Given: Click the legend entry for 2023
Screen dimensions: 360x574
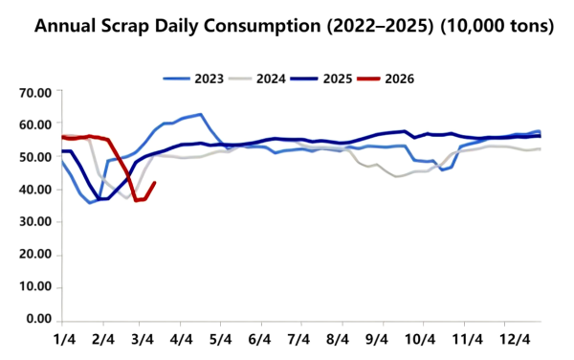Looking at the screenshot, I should click(x=202, y=78).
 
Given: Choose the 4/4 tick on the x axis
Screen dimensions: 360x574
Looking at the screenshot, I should click(x=181, y=339).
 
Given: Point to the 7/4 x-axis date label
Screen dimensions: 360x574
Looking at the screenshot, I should click(x=298, y=339).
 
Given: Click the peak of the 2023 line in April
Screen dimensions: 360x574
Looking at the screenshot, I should click(x=200, y=115).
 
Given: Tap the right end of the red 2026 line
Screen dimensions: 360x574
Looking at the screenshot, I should click(x=155, y=183).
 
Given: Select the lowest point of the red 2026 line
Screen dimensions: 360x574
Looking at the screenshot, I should click(x=136, y=200).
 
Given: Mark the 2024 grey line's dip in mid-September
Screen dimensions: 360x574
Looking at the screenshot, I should click(x=397, y=177).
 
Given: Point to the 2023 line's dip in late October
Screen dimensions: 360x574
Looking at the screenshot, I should click(x=442, y=169).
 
